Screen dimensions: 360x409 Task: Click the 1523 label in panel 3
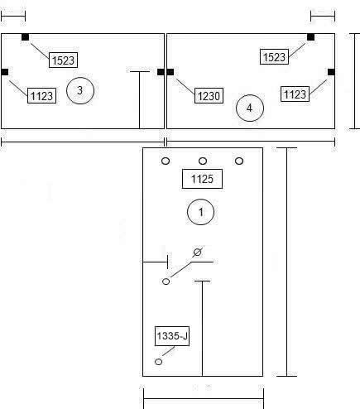63,60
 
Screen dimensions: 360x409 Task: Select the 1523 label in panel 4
274,57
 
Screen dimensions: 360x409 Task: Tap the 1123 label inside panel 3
41,96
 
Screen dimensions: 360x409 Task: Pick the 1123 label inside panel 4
295,94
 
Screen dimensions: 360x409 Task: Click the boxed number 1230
209,96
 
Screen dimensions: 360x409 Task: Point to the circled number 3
80,90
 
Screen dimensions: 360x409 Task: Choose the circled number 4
250,108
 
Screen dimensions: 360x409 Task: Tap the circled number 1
200,212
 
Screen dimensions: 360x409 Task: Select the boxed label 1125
202,179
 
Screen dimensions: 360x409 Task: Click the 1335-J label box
172,336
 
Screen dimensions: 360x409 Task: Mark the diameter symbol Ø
197,252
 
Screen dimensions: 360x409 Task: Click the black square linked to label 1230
170,72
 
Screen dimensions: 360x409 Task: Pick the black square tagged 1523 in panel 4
310,37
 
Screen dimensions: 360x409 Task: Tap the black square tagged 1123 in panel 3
5,72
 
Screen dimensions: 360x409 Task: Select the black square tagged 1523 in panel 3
25,37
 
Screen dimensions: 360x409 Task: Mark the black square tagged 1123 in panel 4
331,72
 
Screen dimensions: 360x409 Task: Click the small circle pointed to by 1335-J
158,362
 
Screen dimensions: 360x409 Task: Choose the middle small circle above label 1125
203,161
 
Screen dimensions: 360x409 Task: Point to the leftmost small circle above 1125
166,161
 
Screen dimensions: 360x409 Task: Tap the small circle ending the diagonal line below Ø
166,281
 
